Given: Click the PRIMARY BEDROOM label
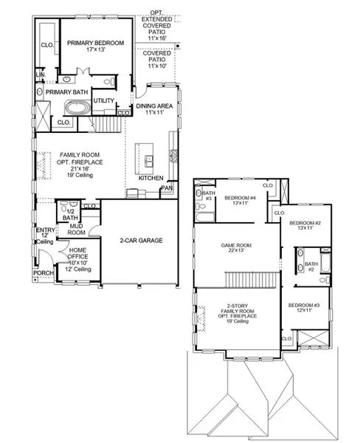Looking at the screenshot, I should click(96, 44).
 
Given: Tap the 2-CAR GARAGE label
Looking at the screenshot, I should click(142, 241).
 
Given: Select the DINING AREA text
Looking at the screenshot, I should click(155, 106).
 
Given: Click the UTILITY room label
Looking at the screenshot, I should click(103, 100).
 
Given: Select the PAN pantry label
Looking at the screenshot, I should click(168, 189).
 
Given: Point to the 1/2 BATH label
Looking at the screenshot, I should click(70, 215).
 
